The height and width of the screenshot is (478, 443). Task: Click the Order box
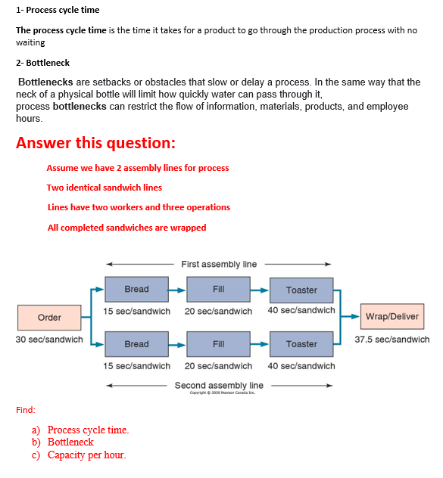pyautogui.click(x=49, y=317)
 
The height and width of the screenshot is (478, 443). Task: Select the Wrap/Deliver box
pyautogui.click(x=392, y=316)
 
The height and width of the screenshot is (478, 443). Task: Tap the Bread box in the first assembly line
pyautogui.click(x=136, y=289)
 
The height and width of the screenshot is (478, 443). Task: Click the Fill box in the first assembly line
pyautogui.click(x=218, y=289)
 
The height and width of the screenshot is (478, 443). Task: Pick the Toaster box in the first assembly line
pyautogui.click(x=301, y=290)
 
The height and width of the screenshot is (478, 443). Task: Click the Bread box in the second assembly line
pyautogui.click(x=136, y=344)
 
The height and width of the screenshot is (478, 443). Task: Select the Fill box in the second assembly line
pyautogui.click(x=218, y=344)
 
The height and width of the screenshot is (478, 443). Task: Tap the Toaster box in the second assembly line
pyautogui.click(x=301, y=344)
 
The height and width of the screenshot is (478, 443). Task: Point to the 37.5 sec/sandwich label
pyautogui.click(x=392, y=340)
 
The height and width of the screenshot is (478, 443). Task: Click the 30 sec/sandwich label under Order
pyautogui.click(x=49, y=340)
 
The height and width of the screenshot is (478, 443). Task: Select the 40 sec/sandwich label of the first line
pyautogui.click(x=301, y=310)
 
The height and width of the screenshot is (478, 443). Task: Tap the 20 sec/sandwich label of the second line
pyautogui.click(x=218, y=366)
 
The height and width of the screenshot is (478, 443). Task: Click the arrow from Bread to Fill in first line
pyautogui.click(x=176, y=289)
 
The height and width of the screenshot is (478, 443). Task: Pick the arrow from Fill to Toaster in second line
pyautogui.click(x=260, y=344)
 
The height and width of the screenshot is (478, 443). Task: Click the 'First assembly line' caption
pyautogui.click(x=219, y=264)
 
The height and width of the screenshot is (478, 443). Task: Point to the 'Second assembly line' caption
pyautogui.click(x=219, y=386)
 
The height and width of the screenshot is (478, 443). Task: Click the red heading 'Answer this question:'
pyautogui.click(x=95, y=143)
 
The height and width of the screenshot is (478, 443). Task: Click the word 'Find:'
pyautogui.click(x=25, y=410)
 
